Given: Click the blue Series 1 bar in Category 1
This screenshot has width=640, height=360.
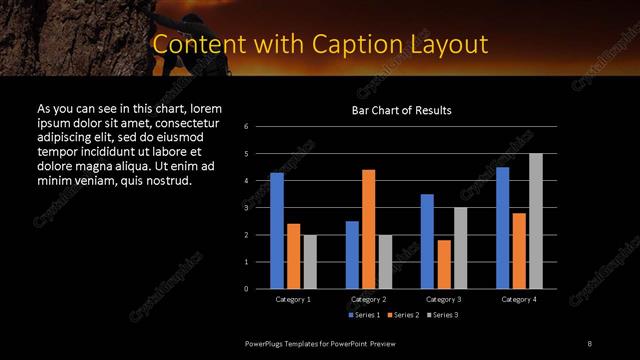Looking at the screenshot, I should tap(276, 230).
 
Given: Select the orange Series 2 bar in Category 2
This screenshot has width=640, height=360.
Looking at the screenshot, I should tap(368, 229).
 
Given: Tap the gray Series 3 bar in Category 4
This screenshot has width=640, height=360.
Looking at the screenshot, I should tap(536, 221).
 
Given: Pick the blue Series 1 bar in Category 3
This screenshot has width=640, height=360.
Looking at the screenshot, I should tap(427, 241).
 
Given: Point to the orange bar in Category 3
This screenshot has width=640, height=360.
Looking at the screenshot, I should tap(443, 264).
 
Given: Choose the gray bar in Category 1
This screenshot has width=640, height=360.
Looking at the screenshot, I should tap(309, 261).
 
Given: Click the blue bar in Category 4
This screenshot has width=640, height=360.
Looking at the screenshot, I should tap(502, 227).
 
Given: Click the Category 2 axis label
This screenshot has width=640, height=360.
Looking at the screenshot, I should tap(368, 299).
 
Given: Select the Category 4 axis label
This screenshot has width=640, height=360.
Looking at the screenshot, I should tap(519, 299).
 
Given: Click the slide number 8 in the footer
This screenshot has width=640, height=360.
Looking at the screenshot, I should tap(589, 343).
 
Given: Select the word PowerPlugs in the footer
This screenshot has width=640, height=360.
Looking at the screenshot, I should tap(269, 343).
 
